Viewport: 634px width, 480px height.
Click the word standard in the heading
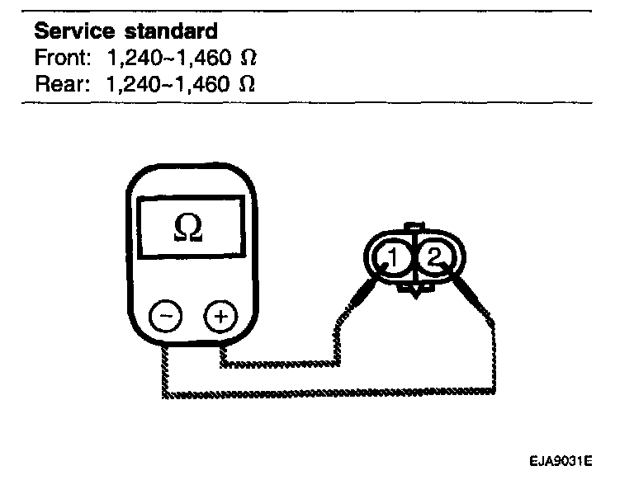171,32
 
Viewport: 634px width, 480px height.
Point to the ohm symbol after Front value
246,59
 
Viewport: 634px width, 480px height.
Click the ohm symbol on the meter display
189,228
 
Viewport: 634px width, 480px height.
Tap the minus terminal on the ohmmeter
166,317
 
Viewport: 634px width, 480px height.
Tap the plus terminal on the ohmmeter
219,317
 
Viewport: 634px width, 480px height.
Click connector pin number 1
394,259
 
